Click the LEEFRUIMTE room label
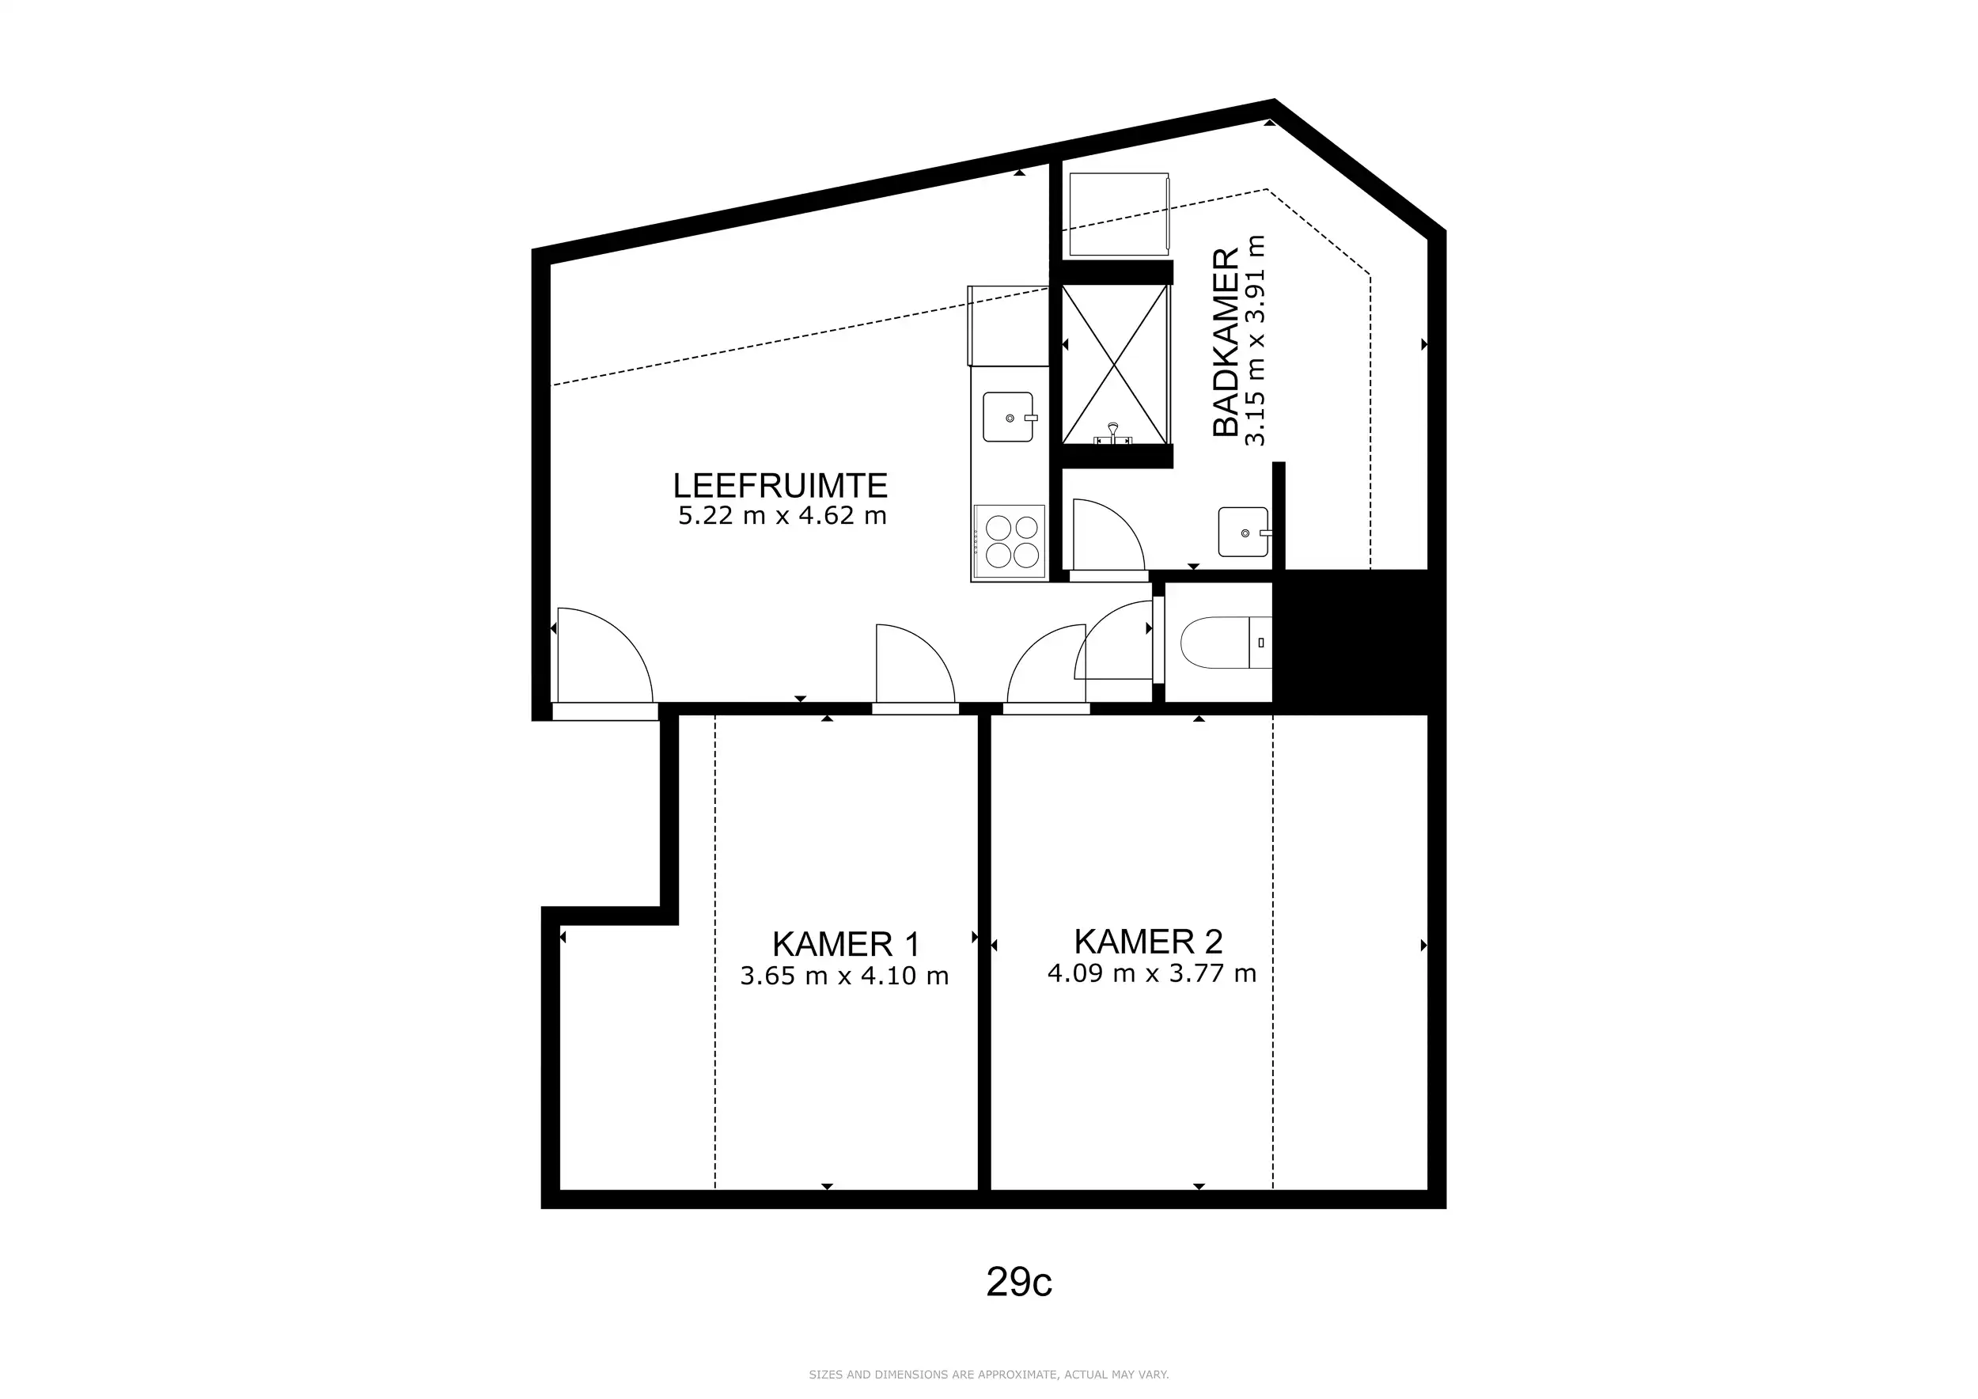click(779, 486)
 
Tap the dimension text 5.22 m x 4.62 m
click(782, 516)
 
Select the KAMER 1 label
click(845, 944)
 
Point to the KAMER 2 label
click(1148, 942)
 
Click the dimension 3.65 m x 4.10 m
click(844, 976)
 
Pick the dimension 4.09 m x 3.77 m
click(1152, 973)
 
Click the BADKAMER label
click(1225, 342)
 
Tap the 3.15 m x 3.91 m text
click(1256, 340)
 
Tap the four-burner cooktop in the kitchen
click(1010, 541)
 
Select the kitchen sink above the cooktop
click(1009, 417)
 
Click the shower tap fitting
click(1113, 434)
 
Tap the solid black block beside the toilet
click(1351, 642)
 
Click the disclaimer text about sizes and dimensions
click(989, 1374)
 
